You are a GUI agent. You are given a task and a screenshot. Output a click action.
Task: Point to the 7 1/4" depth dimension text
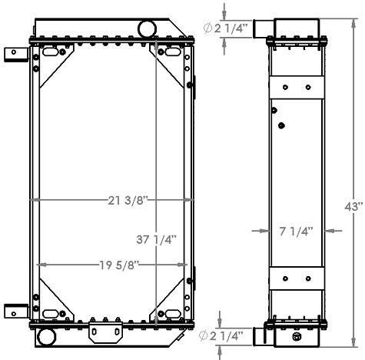[294, 231]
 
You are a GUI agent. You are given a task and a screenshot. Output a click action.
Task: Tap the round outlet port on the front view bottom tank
[45, 337]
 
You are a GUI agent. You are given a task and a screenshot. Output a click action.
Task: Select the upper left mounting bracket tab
[13, 55]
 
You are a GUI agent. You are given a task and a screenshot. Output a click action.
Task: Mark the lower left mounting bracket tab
[13, 311]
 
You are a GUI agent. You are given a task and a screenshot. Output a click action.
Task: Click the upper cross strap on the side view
[294, 87]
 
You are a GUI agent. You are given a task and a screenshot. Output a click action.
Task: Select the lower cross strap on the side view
[294, 279]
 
